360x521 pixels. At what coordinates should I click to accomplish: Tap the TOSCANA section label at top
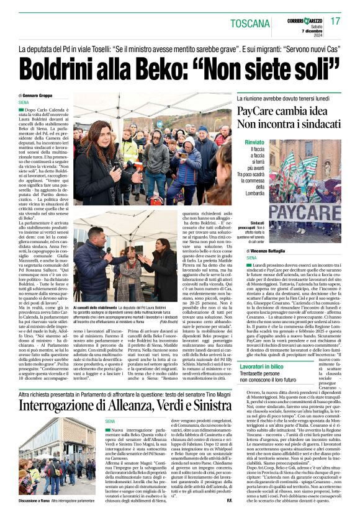pyautogui.click(x=250, y=24)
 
